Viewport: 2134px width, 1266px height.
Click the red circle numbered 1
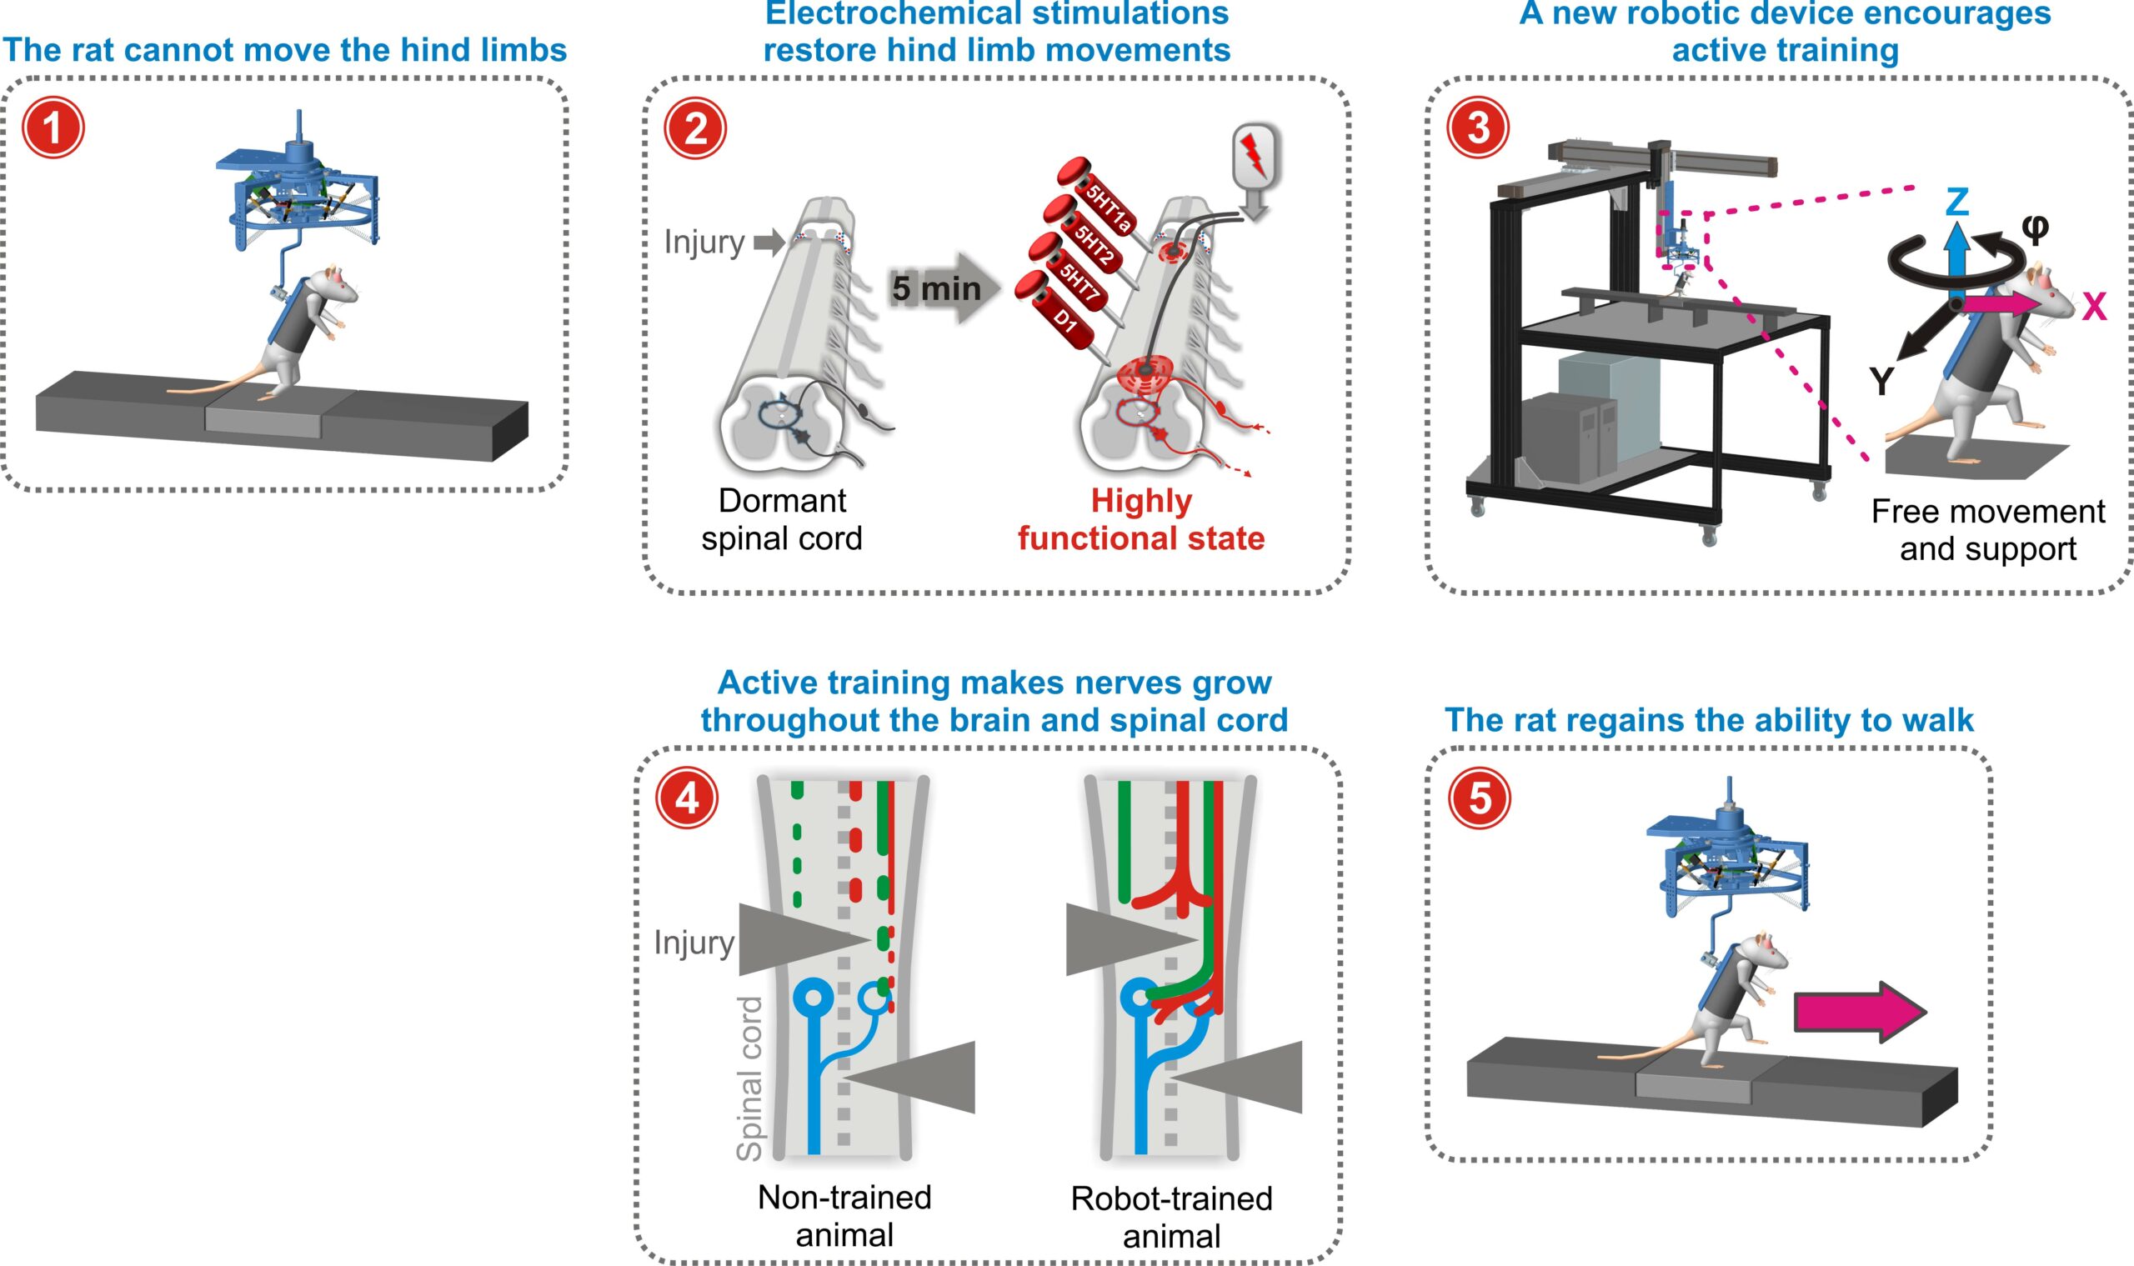(53, 129)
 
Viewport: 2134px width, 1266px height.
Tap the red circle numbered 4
(687, 799)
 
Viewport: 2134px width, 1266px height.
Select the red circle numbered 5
(1480, 799)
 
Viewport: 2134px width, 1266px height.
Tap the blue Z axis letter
(1956, 203)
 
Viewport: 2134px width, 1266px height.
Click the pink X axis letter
(2094, 307)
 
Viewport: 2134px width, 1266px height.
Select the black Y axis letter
(1882, 382)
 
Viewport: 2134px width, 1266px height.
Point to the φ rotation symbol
(2035, 228)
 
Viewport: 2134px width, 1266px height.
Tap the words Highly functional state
(1141, 519)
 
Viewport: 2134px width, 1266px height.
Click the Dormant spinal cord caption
(782, 519)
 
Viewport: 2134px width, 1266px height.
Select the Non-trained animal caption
(844, 1216)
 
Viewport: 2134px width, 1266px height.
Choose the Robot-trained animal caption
(1171, 1218)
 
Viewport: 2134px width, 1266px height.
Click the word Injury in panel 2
(704, 243)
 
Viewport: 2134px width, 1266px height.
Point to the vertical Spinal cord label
(749, 1078)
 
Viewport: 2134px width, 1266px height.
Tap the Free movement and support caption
(1988, 530)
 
